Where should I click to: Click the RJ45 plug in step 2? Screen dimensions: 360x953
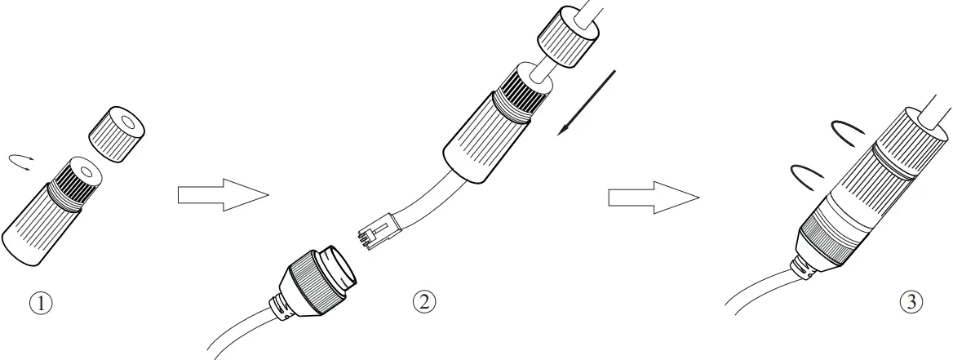(x=377, y=231)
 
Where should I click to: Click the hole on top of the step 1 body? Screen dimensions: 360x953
(x=85, y=172)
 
